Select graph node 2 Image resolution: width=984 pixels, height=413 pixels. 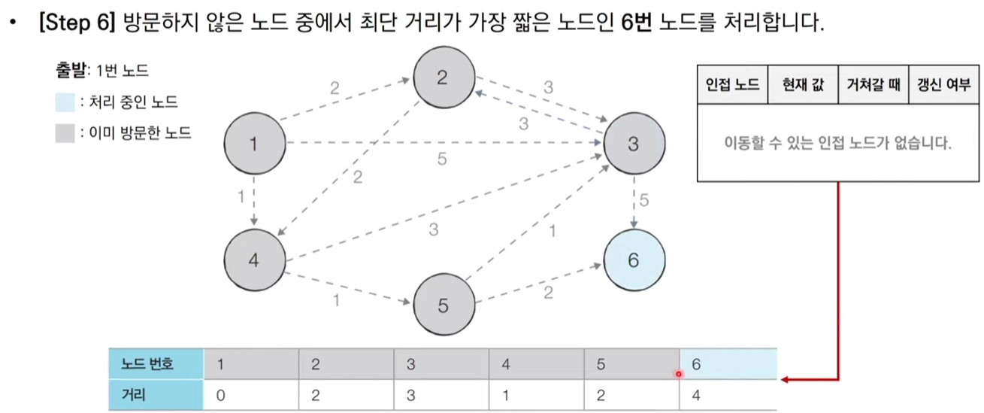[x=444, y=78]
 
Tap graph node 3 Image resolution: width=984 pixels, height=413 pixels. [x=634, y=144]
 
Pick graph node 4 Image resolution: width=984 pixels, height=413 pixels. [x=254, y=260]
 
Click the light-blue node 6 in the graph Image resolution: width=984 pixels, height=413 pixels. [x=634, y=260]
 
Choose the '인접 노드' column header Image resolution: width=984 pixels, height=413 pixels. [x=733, y=84]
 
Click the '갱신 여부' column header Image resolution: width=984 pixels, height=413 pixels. [x=943, y=84]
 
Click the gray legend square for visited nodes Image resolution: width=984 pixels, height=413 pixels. [x=65, y=134]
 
